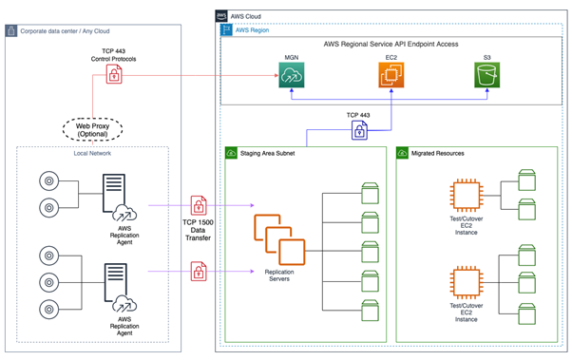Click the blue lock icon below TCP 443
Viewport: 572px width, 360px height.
click(359, 131)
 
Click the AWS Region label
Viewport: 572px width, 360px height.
click(254, 30)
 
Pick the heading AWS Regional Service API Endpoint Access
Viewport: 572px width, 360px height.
click(391, 45)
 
